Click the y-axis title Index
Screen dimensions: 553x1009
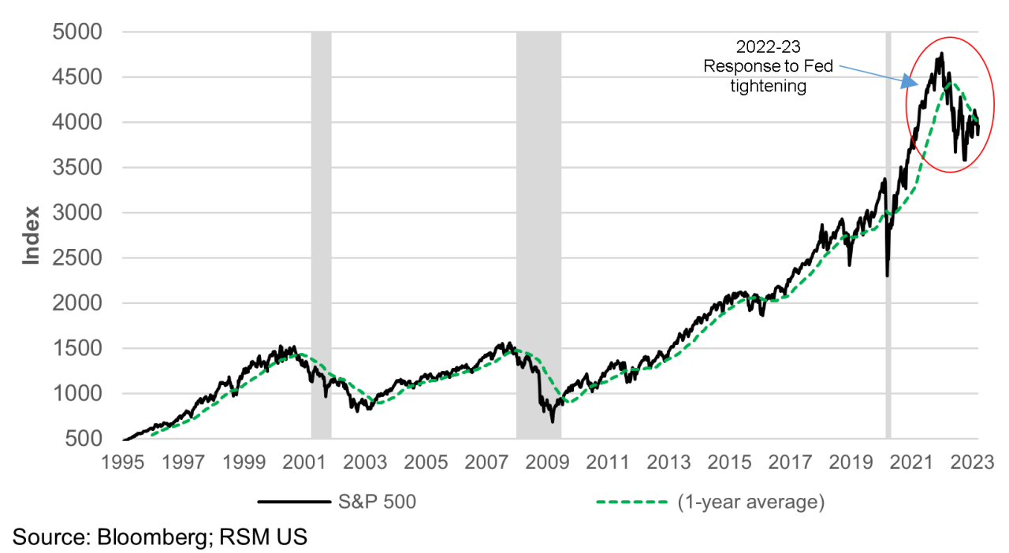pyautogui.click(x=31, y=235)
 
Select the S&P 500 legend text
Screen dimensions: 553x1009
pyautogui.click(x=377, y=502)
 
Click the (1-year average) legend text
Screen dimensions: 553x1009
pyautogui.click(x=750, y=502)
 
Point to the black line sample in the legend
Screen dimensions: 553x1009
pyautogui.click(x=292, y=502)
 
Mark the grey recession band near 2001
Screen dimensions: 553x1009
pyautogui.click(x=321, y=236)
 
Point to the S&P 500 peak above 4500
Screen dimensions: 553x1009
pyautogui.click(x=940, y=54)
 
